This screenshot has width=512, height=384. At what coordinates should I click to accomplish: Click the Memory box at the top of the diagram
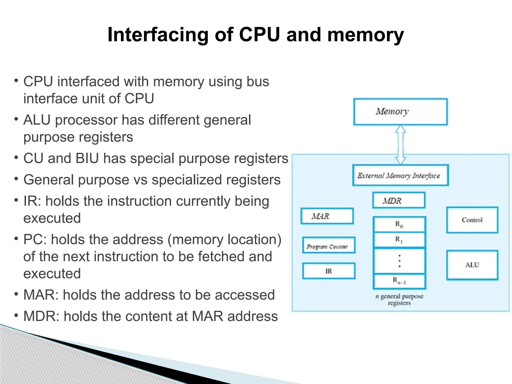coord(400,112)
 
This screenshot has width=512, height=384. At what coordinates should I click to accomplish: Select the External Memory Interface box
coord(400,175)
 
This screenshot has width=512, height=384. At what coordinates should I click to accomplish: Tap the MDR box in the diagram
coord(399,200)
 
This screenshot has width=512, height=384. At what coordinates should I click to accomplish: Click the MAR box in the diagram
coord(327,216)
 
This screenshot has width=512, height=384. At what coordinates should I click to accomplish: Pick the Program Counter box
coord(328,245)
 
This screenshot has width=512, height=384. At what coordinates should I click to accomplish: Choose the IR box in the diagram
coord(328,271)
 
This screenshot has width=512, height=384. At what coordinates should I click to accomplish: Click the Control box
coord(472,220)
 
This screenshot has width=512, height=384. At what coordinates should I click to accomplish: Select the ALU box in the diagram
coord(472,265)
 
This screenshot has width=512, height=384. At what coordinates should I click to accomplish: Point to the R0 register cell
coord(399,224)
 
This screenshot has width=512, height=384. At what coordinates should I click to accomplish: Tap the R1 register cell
coord(399,240)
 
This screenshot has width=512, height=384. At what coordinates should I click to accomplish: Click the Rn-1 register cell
coord(399,281)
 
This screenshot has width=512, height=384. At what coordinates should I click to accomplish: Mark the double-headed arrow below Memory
coord(400,144)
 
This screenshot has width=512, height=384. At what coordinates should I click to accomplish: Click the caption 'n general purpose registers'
coord(399,299)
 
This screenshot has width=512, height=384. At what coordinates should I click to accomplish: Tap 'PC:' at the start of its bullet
coord(35,239)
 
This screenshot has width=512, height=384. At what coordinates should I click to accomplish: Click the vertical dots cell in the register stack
coord(399,261)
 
